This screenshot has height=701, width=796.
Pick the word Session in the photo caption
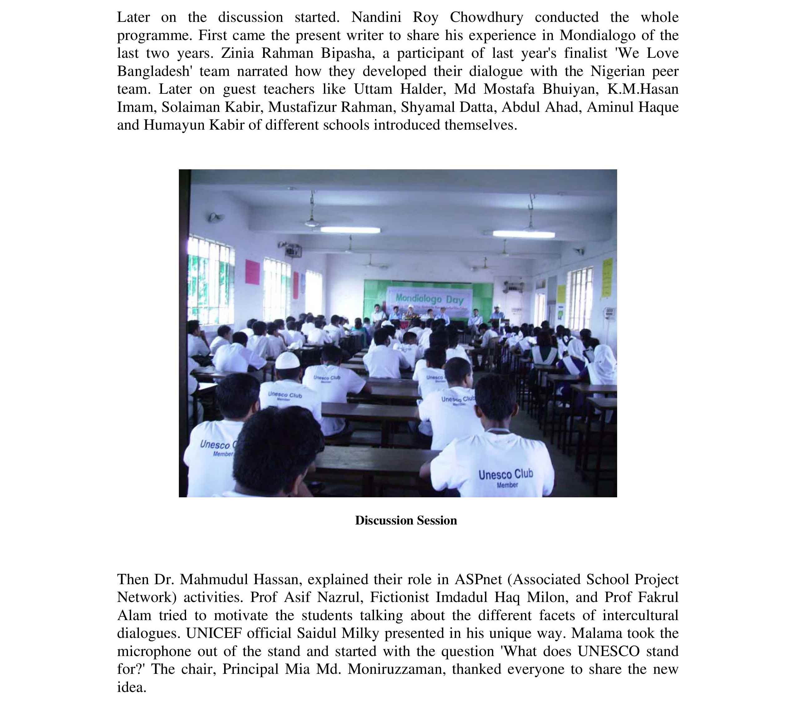pyautogui.click(x=437, y=520)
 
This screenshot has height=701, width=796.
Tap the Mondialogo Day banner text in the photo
pyautogui.click(x=430, y=299)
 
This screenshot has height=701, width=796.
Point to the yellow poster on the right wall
pyautogui.click(x=607, y=277)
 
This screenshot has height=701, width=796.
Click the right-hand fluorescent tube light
pyautogui.click(x=523, y=234)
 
